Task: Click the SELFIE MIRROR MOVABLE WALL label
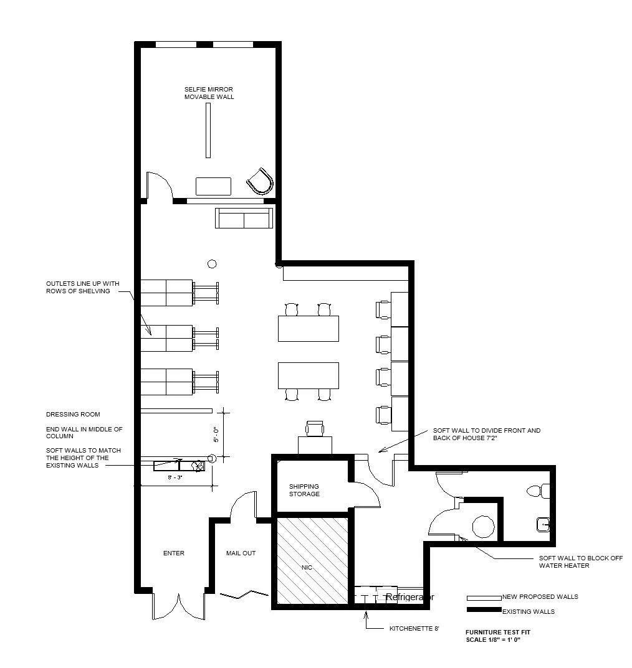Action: pyautogui.click(x=209, y=93)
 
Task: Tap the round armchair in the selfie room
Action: pyautogui.click(x=261, y=181)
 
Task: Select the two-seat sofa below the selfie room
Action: pyautogui.click(x=244, y=218)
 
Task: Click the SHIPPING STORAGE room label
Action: pyautogui.click(x=304, y=490)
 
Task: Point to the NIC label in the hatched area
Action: pyautogui.click(x=307, y=568)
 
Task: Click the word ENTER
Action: pyautogui.click(x=173, y=553)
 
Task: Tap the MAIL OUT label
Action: pyautogui.click(x=241, y=553)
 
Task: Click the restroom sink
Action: pyautogui.click(x=543, y=524)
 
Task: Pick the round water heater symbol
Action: pyautogui.click(x=483, y=527)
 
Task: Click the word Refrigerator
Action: pyautogui.click(x=410, y=597)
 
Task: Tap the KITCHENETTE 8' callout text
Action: pyautogui.click(x=414, y=628)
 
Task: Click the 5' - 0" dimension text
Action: pyautogui.click(x=216, y=434)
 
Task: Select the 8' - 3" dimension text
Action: pyautogui.click(x=175, y=477)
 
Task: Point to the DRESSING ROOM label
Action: pyautogui.click(x=73, y=414)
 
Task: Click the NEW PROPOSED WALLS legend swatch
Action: pyautogui.click(x=484, y=598)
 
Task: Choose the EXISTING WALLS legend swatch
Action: pyautogui.click(x=484, y=609)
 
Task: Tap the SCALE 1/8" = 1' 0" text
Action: pyautogui.click(x=494, y=639)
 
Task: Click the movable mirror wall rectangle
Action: pyautogui.click(x=208, y=130)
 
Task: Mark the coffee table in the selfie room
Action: pyautogui.click(x=213, y=186)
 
